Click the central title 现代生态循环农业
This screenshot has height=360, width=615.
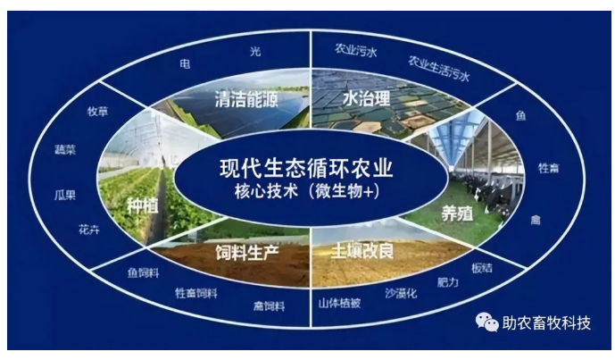coord(306,168)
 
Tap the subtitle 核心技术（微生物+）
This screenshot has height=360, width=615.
coord(307,191)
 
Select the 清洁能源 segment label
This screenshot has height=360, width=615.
coord(246,99)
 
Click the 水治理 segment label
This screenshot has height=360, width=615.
coord(366,98)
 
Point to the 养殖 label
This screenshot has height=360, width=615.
coord(457,214)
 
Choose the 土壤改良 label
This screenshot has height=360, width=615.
coord(362,251)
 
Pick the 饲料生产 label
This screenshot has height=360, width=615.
coord(247,253)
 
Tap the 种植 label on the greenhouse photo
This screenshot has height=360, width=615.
coord(143,205)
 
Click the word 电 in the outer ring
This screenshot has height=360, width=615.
coord(185,63)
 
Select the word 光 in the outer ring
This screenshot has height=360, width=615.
coord(255,52)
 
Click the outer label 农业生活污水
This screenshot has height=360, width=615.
coord(438,68)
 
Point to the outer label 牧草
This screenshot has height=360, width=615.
coord(97,112)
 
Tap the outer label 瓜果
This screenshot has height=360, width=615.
coord(65,195)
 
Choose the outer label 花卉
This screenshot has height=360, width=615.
coord(89,230)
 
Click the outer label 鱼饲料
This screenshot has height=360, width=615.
coord(144,272)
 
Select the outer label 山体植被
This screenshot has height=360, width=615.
coord(340,303)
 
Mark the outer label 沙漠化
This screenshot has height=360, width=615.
coord(401,293)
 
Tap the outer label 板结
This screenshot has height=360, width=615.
coord(482,268)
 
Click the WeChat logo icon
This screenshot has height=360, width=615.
coord(486,322)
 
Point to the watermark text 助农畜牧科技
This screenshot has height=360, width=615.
coord(547,323)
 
